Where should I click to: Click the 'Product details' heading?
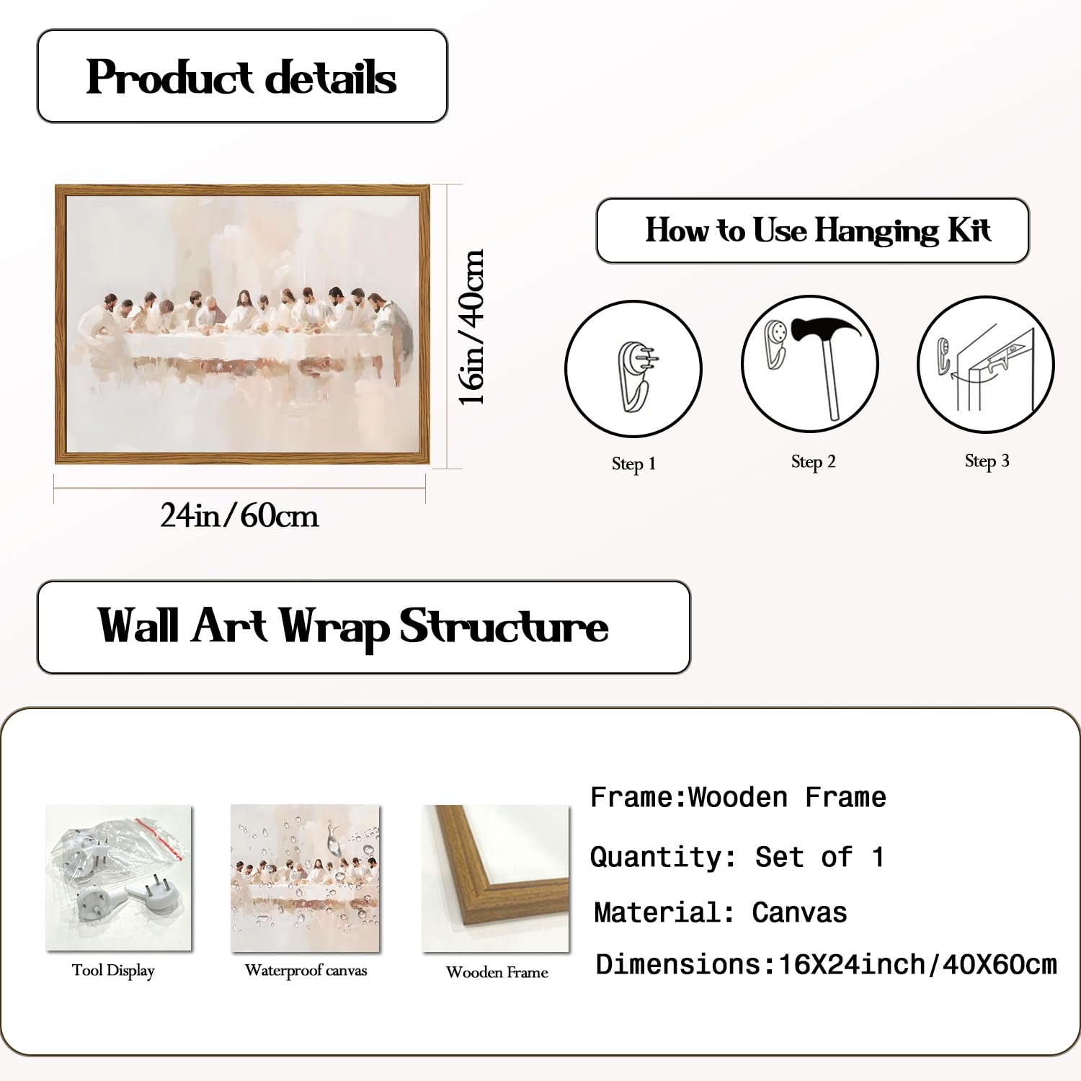[241, 77]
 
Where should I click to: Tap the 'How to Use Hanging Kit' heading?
[817, 231]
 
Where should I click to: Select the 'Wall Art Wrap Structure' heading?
[353, 626]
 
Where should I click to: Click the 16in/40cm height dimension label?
[472, 327]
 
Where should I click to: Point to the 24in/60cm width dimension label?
[239, 516]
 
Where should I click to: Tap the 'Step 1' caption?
[634, 463]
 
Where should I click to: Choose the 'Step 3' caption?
[987, 461]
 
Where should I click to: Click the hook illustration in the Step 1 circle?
[636, 375]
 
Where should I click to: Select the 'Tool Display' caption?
[113, 971]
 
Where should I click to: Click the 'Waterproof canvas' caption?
[306, 971]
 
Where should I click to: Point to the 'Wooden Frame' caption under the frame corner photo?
[497, 972]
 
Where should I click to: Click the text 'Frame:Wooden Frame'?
[738, 797]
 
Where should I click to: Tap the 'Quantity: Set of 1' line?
[737, 857]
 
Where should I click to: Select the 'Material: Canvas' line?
[720, 912]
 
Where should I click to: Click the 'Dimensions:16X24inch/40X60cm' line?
[826, 964]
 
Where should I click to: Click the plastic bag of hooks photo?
[118, 878]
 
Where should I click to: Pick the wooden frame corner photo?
[495, 878]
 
